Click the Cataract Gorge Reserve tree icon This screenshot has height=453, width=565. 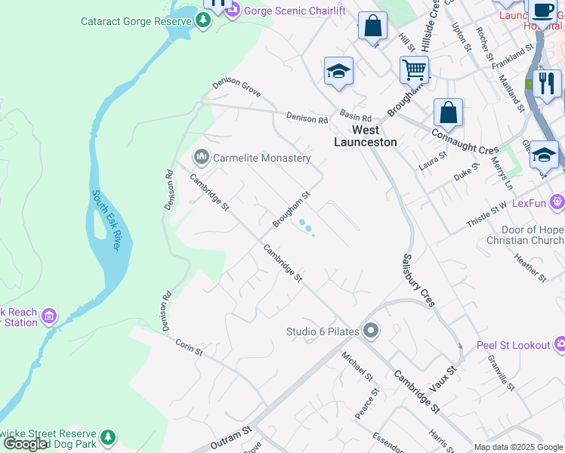(x=202, y=21)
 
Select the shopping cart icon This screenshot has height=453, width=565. (x=414, y=70)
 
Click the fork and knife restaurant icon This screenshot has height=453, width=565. (x=547, y=82)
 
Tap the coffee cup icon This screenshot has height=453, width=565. (x=542, y=11)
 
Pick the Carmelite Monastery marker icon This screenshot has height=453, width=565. (x=202, y=158)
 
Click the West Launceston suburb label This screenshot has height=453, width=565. (x=366, y=136)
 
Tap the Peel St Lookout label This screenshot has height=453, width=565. (x=514, y=345)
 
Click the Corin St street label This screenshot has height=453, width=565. (x=190, y=347)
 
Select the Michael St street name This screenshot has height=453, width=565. (x=357, y=365)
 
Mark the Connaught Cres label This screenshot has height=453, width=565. (x=465, y=141)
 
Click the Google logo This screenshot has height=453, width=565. (x=26, y=444)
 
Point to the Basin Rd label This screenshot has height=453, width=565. (x=356, y=118)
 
